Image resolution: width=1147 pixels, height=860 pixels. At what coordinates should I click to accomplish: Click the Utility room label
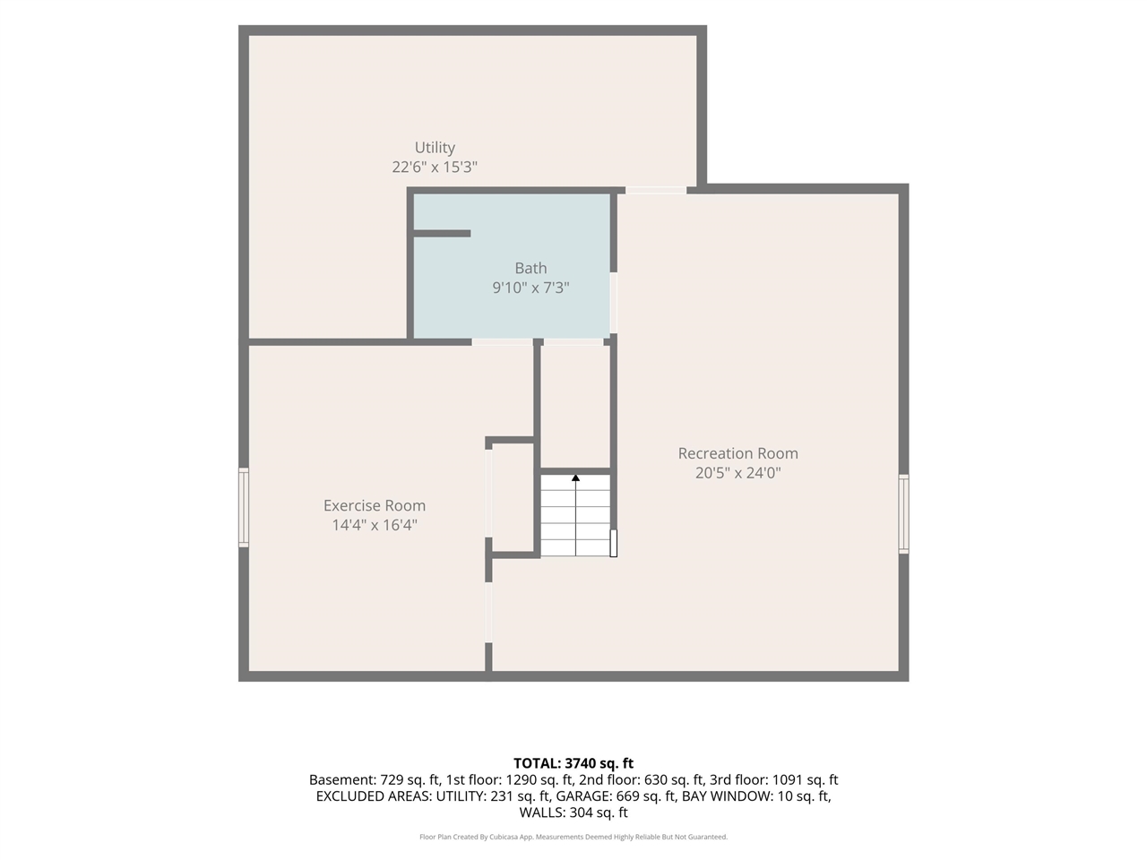click(435, 148)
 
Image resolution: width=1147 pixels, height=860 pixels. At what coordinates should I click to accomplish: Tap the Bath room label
click(530, 268)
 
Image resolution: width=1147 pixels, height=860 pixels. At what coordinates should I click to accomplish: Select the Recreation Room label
click(737, 453)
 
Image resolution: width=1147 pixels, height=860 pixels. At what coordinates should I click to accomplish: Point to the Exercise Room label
click(375, 505)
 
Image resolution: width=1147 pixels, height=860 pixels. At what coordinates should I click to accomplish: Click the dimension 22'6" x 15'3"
click(435, 168)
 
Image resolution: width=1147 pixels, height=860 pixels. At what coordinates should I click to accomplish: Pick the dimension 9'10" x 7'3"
click(530, 288)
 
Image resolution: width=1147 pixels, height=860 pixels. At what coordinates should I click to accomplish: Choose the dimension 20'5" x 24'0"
click(737, 473)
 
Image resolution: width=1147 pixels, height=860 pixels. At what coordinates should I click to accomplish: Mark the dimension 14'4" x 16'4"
click(375, 525)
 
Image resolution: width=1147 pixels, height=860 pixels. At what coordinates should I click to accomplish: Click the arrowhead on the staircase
click(575, 477)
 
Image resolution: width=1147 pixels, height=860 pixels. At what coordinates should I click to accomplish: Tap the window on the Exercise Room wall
click(244, 508)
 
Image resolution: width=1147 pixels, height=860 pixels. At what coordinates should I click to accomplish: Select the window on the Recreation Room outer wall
click(903, 514)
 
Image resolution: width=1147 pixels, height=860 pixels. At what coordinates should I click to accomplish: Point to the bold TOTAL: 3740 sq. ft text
click(573, 763)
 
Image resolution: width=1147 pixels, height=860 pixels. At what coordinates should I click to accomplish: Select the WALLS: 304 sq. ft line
click(573, 813)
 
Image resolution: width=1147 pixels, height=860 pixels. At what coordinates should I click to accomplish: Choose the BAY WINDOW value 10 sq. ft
click(803, 796)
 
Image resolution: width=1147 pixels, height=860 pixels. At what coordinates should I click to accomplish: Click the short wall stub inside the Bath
click(442, 234)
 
